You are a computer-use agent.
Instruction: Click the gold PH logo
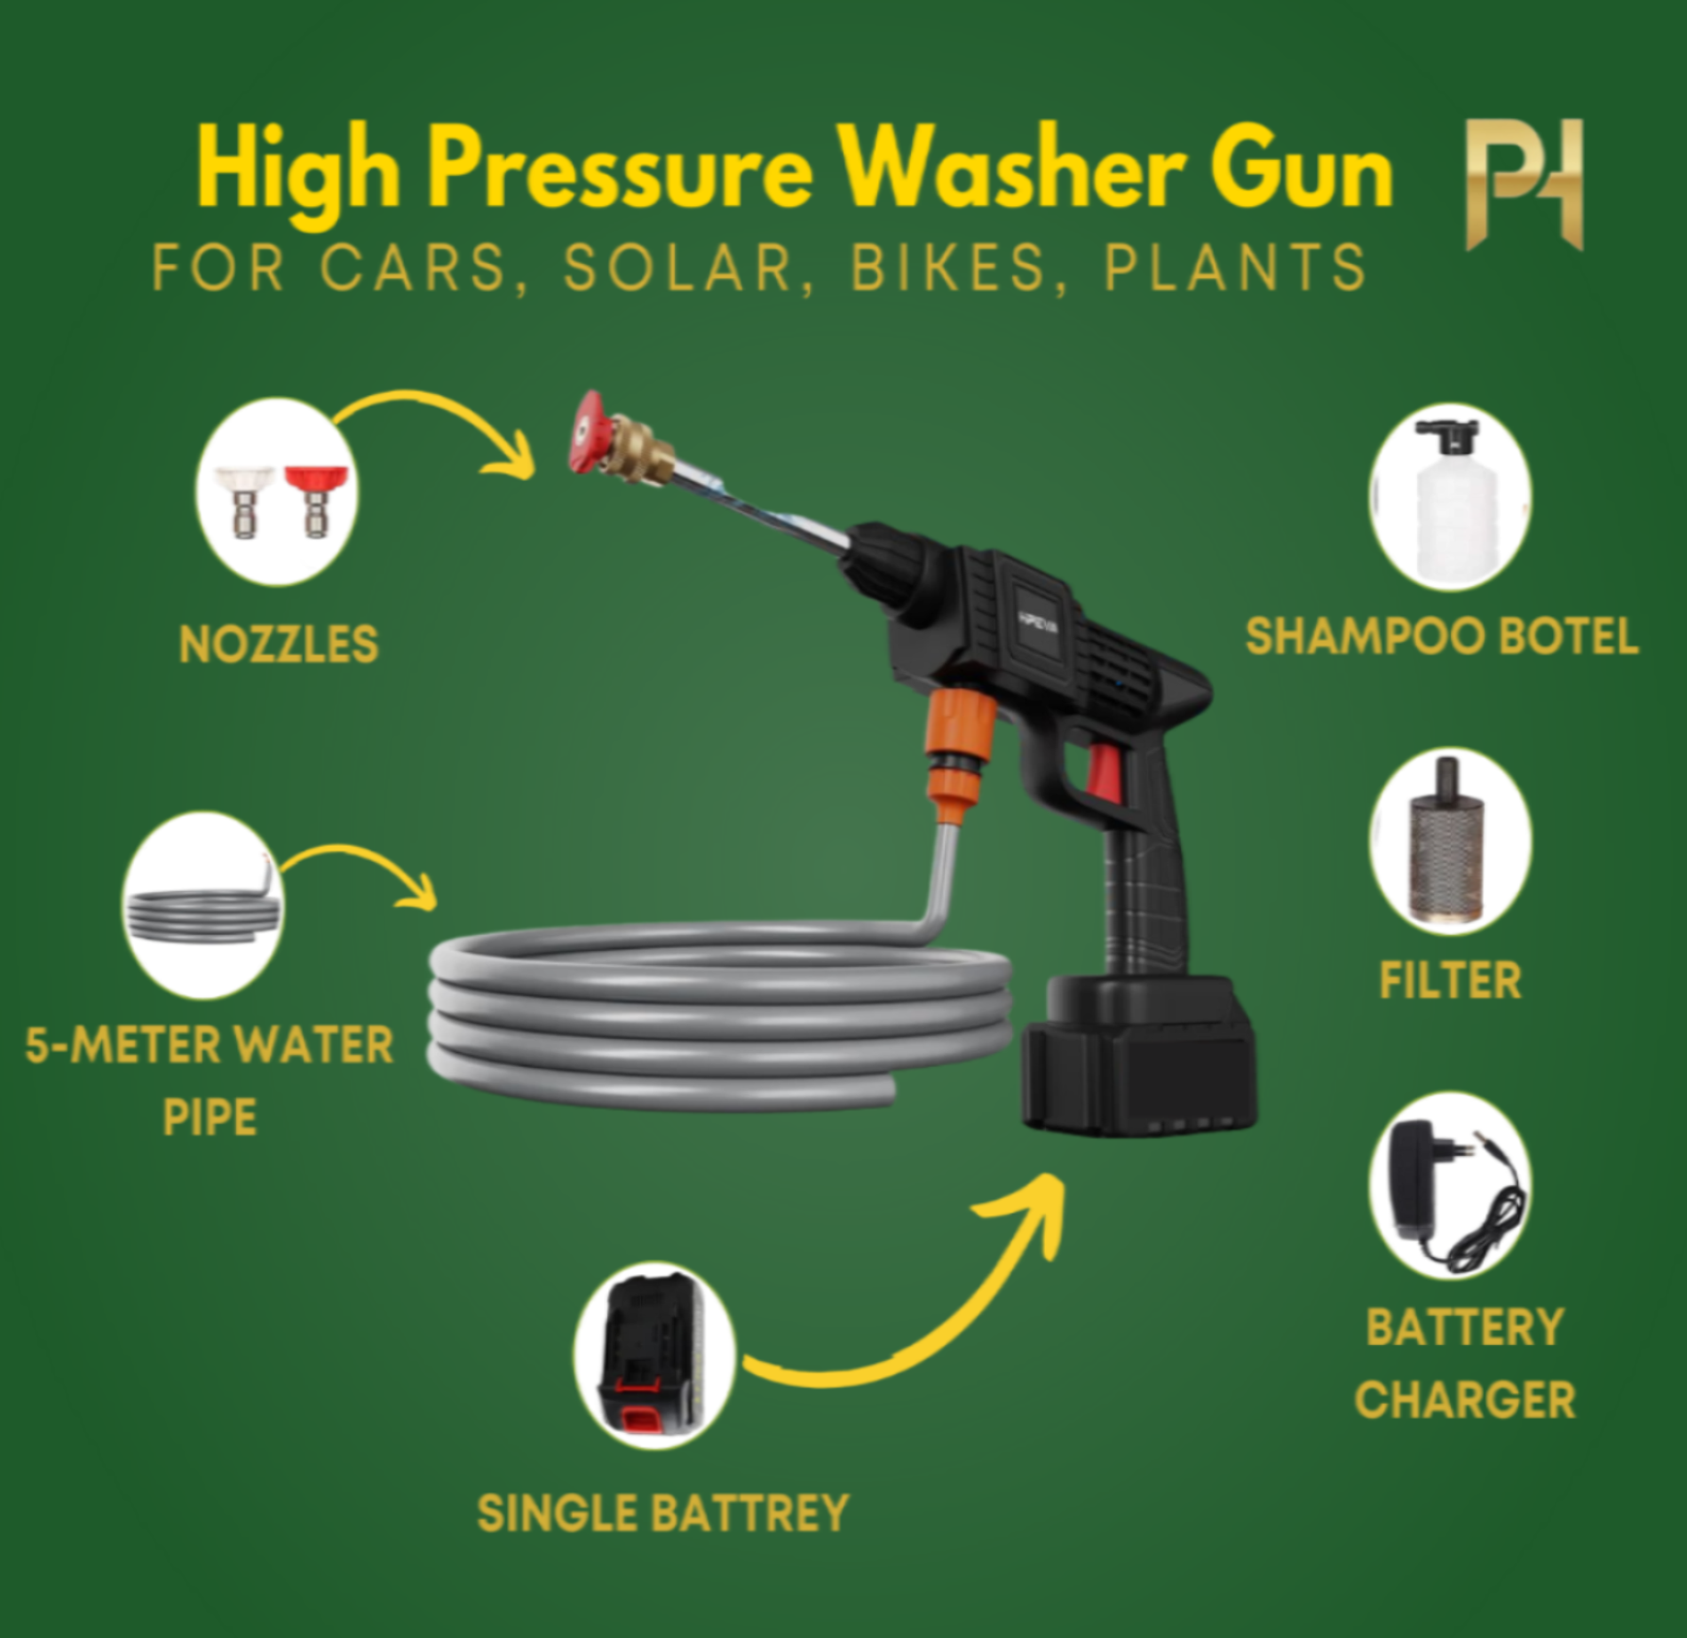[1524, 184]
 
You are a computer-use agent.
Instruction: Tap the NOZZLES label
[279, 645]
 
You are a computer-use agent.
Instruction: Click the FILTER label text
[1449, 981]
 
